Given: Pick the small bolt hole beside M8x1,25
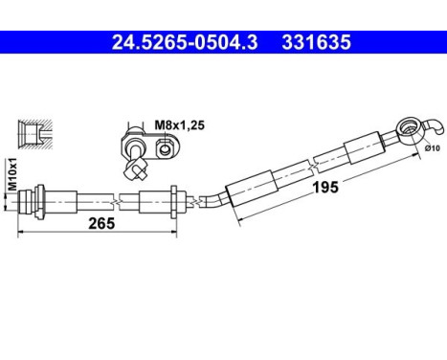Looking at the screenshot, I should coord(167,146).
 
